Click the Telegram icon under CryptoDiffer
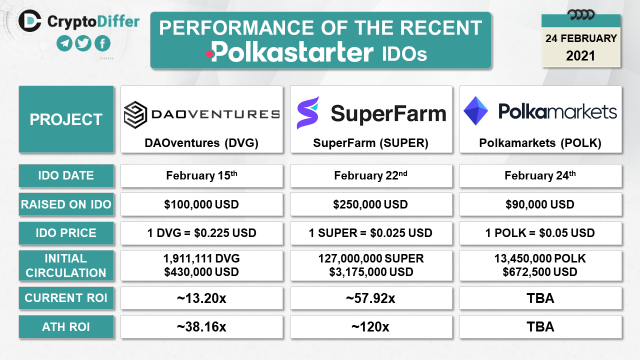click(64, 43)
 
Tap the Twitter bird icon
click(83, 43)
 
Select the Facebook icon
click(102, 43)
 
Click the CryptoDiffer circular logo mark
click(29, 21)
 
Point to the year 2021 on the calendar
click(580, 55)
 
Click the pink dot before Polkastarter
click(209, 53)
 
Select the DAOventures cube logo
click(135, 114)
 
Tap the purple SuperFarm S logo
click(308, 112)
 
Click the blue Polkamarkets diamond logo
click(475, 111)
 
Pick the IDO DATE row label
click(66, 175)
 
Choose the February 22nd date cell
click(371, 175)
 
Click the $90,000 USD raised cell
click(540, 204)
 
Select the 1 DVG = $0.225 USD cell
click(201, 233)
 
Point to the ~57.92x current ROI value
click(371, 298)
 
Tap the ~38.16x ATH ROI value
click(201, 327)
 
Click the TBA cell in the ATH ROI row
click(540, 326)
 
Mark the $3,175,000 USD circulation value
click(371, 272)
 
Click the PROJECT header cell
click(66, 119)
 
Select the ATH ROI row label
click(66, 326)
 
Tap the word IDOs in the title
click(404, 53)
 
